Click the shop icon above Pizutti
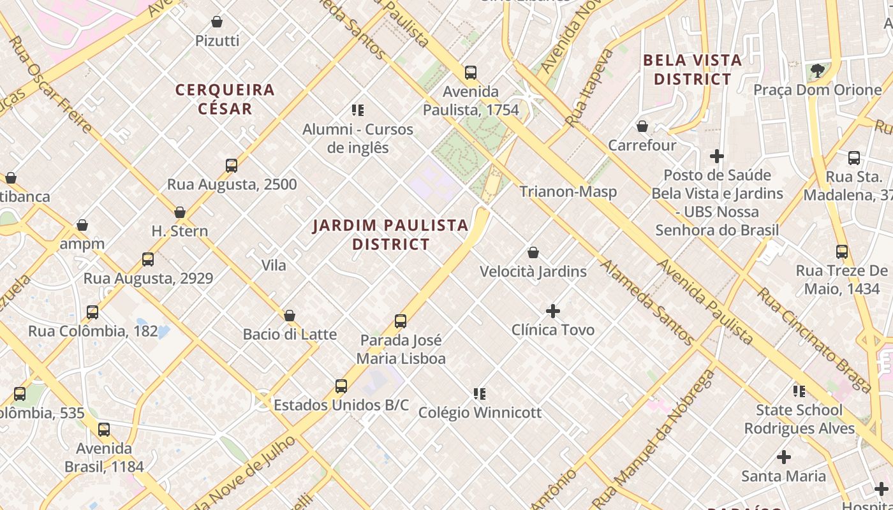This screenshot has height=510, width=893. (217, 22)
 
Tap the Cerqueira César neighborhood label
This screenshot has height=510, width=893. (225, 99)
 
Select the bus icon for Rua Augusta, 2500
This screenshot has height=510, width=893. (232, 166)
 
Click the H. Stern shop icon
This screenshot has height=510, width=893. (180, 212)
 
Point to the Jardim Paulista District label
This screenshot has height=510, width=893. (391, 235)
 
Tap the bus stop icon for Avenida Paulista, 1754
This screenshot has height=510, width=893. (471, 73)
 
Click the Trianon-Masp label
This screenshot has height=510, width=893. (568, 191)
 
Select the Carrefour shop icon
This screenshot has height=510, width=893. (642, 127)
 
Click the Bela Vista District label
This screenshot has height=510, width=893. (693, 69)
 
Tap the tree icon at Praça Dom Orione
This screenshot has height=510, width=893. (817, 71)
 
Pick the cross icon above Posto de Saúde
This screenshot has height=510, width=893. (717, 156)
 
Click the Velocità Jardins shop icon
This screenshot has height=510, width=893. (533, 253)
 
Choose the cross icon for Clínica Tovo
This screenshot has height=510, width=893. (553, 311)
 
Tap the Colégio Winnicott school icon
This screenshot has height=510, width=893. (480, 394)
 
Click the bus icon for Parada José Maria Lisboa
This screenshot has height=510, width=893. (401, 321)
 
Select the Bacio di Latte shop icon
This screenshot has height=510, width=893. (290, 316)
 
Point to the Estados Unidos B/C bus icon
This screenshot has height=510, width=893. (341, 386)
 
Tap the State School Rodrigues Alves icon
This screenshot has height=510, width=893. (799, 391)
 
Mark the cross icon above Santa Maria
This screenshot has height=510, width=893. (784, 457)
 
